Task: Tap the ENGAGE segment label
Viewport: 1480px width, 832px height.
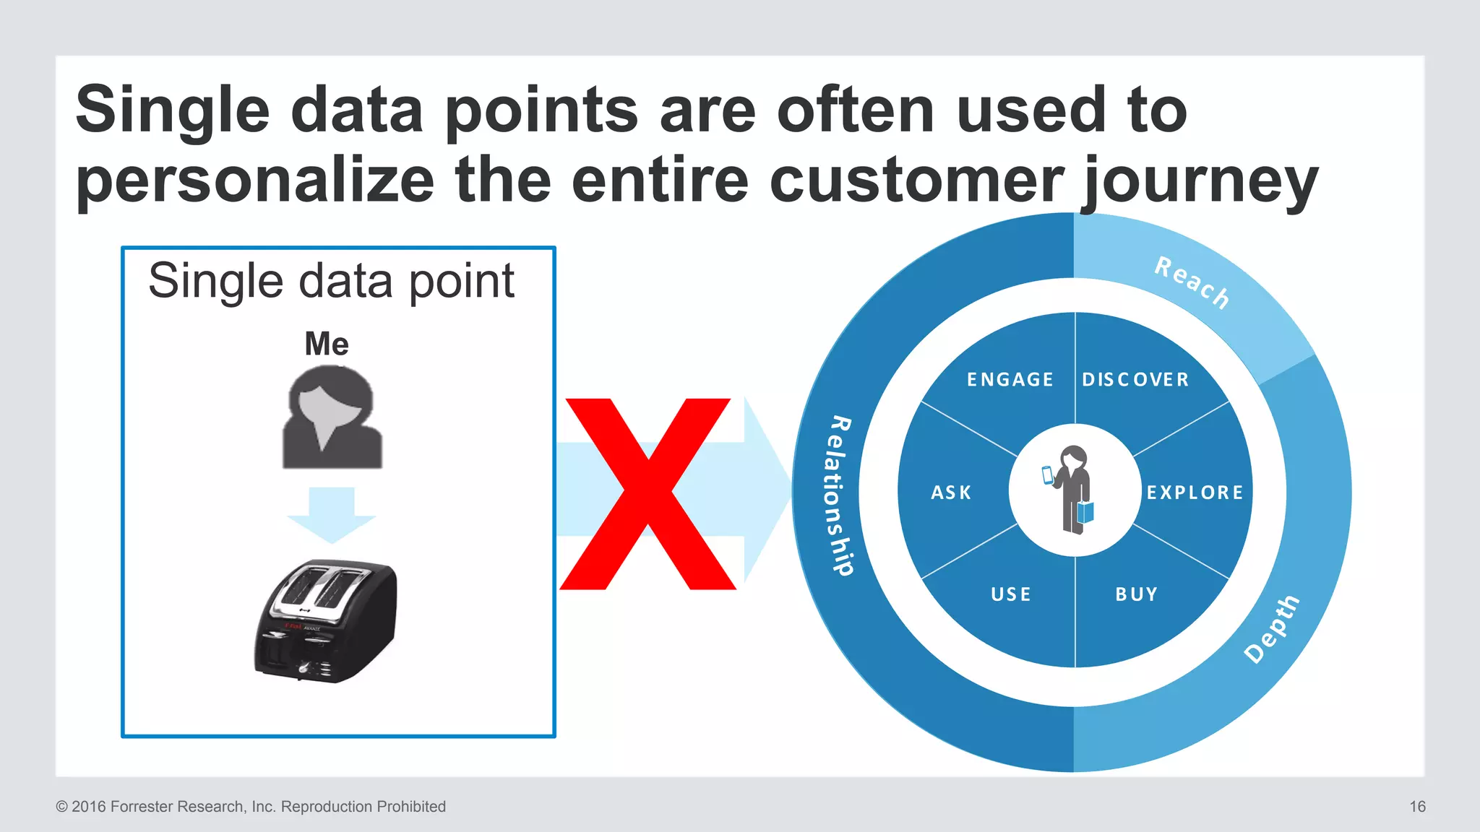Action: (1010, 380)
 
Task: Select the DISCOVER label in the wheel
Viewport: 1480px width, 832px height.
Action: (1135, 380)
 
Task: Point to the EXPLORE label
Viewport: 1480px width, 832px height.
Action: (1195, 493)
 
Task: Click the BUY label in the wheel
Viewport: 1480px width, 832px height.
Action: (1136, 594)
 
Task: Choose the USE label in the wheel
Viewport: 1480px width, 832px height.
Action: (1011, 594)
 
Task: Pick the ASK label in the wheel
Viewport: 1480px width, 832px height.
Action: (951, 493)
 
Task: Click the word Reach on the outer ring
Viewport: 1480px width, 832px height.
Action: (1192, 282)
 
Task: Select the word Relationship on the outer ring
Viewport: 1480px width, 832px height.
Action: (839, 495)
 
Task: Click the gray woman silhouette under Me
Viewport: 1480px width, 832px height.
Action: (332, 418)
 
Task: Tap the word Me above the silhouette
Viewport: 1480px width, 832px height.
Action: (327, 344)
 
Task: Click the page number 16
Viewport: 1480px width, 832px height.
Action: (1417, 807)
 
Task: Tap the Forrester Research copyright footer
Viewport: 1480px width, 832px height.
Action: (251, 807)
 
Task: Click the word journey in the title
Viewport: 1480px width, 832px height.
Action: (1200, 181)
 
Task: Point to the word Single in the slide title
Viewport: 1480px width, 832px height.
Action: (173, 110)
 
